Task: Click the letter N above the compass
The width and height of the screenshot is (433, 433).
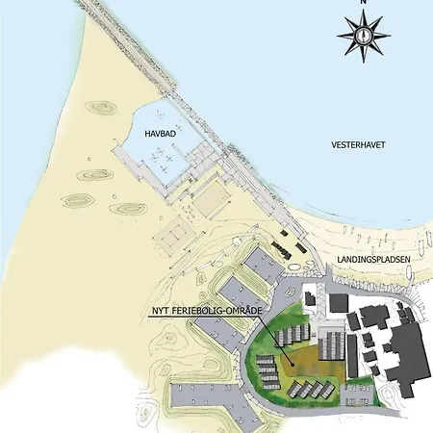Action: pos(363,4)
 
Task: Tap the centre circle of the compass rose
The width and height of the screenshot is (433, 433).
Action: pos(363,35)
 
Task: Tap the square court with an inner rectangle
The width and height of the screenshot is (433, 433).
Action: pos(174,234)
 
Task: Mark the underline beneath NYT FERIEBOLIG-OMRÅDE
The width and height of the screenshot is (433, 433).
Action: pos(201,318)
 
